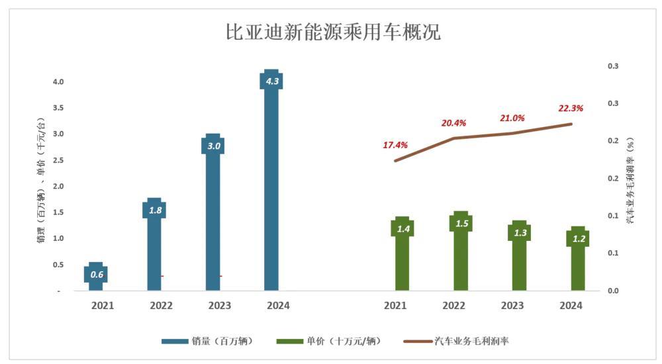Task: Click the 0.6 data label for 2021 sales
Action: [x=97, y=274]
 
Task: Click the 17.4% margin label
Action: [x=395, y=145]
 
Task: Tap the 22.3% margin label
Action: [x=571, y=108]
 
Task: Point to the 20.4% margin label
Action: [x=454, y=123]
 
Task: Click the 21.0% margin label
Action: [x=512, y=118]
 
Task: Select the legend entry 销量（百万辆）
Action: [x=207, y=341]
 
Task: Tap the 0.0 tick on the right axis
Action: [x=613, y=291]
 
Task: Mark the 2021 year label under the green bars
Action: [x=395, y=306]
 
